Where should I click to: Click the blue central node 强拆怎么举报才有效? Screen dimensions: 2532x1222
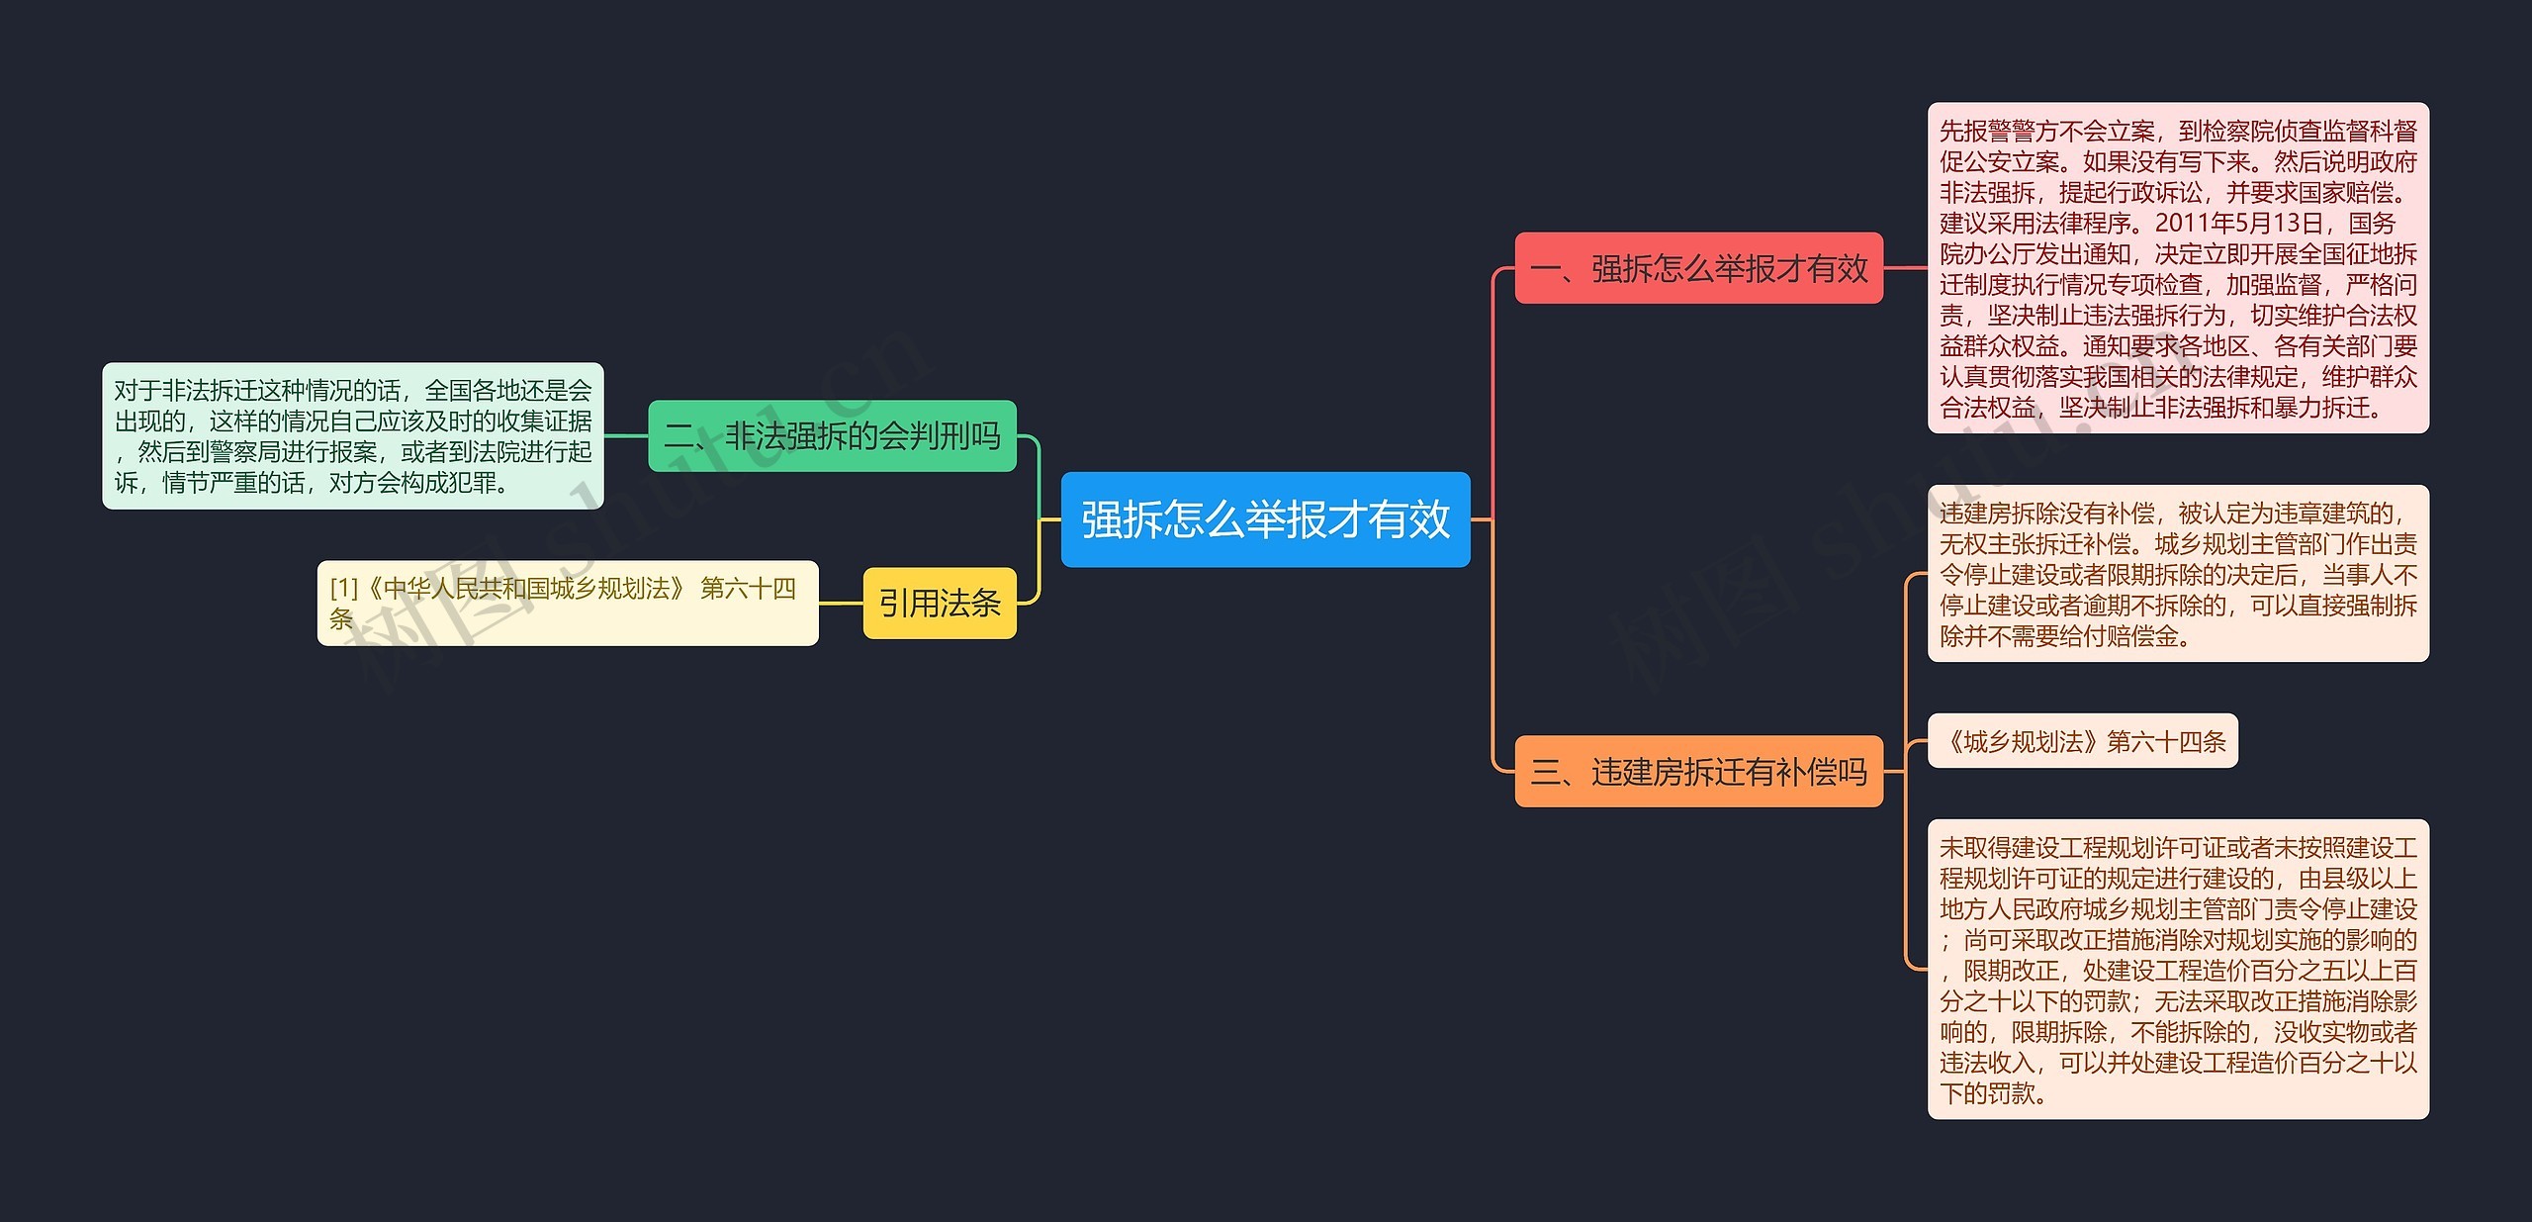tap(1265, 519)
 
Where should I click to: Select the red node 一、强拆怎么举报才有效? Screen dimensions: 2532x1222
tap(1698, 268)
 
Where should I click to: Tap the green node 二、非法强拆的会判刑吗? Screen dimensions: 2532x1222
tap(832, 435)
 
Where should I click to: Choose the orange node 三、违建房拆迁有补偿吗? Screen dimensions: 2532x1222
tap(1698, 771)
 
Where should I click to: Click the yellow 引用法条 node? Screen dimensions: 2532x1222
tap(939, 603)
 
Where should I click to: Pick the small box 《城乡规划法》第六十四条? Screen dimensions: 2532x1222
tap(2082, 741)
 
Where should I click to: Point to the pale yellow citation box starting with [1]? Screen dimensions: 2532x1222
tap(567, 603)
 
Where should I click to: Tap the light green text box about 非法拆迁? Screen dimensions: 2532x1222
tap(352, 435)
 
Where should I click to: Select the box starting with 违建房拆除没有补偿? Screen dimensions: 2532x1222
tap(2178, 573)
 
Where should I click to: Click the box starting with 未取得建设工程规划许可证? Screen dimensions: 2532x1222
tap(2178, 969)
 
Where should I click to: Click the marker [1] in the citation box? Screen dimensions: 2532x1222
tap(343, 589)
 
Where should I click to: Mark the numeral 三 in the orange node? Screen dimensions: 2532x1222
tap(1545, 772)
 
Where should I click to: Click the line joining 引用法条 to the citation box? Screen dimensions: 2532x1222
tap(841, 603)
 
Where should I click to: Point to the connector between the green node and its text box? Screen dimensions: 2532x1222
tap(625, 435)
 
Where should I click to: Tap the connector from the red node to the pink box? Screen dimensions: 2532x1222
tap(1905, 267)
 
